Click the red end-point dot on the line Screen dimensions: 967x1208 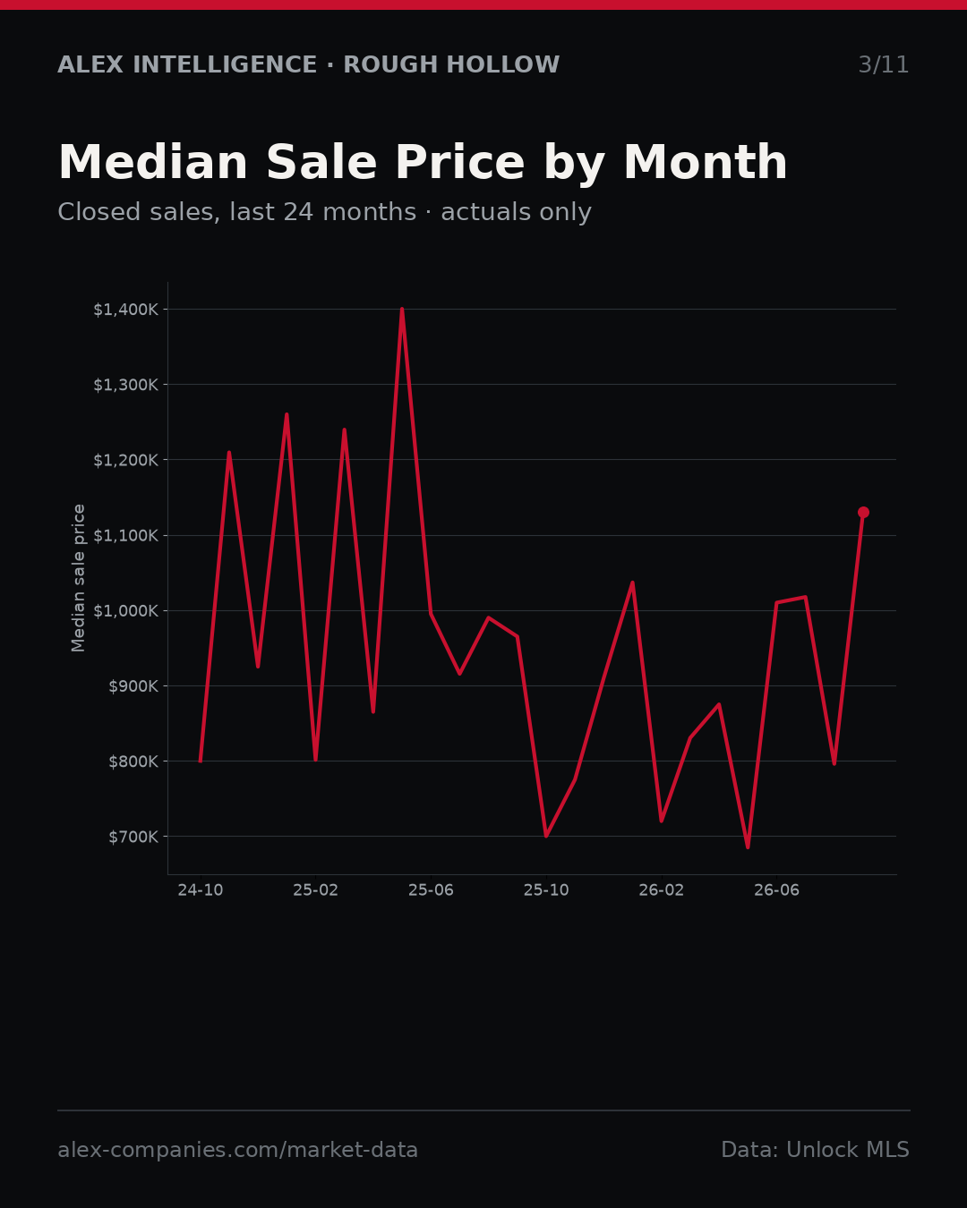coord(863,512)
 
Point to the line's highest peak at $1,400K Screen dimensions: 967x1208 coord(402,309)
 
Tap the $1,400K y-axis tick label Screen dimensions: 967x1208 coord(126,310)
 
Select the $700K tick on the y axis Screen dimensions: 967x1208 coord(133,837)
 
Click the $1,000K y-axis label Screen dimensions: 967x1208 coord(126,611)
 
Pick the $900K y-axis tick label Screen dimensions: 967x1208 coord(133,686)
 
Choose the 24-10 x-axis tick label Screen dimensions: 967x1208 coord(201,890)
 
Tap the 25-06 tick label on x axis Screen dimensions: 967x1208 coord(431,890)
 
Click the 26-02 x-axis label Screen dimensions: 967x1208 coord(662,890)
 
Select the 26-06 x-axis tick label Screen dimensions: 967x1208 coord(776,890)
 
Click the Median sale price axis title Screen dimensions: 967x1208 coord(78,578)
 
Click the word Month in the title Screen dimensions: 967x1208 coord(706,163)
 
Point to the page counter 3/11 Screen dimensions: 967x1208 coord(884,64)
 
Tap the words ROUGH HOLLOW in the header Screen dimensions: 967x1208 coord(451,64)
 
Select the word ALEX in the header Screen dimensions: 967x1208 coord(90,64)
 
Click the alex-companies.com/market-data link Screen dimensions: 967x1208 coord(237,1150)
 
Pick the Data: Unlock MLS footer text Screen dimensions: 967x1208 coord(816,1150)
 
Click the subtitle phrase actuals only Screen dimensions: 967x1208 coord(516,212)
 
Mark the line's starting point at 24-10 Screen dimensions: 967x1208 coord(201,761)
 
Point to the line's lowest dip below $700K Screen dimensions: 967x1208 coord(748,847)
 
